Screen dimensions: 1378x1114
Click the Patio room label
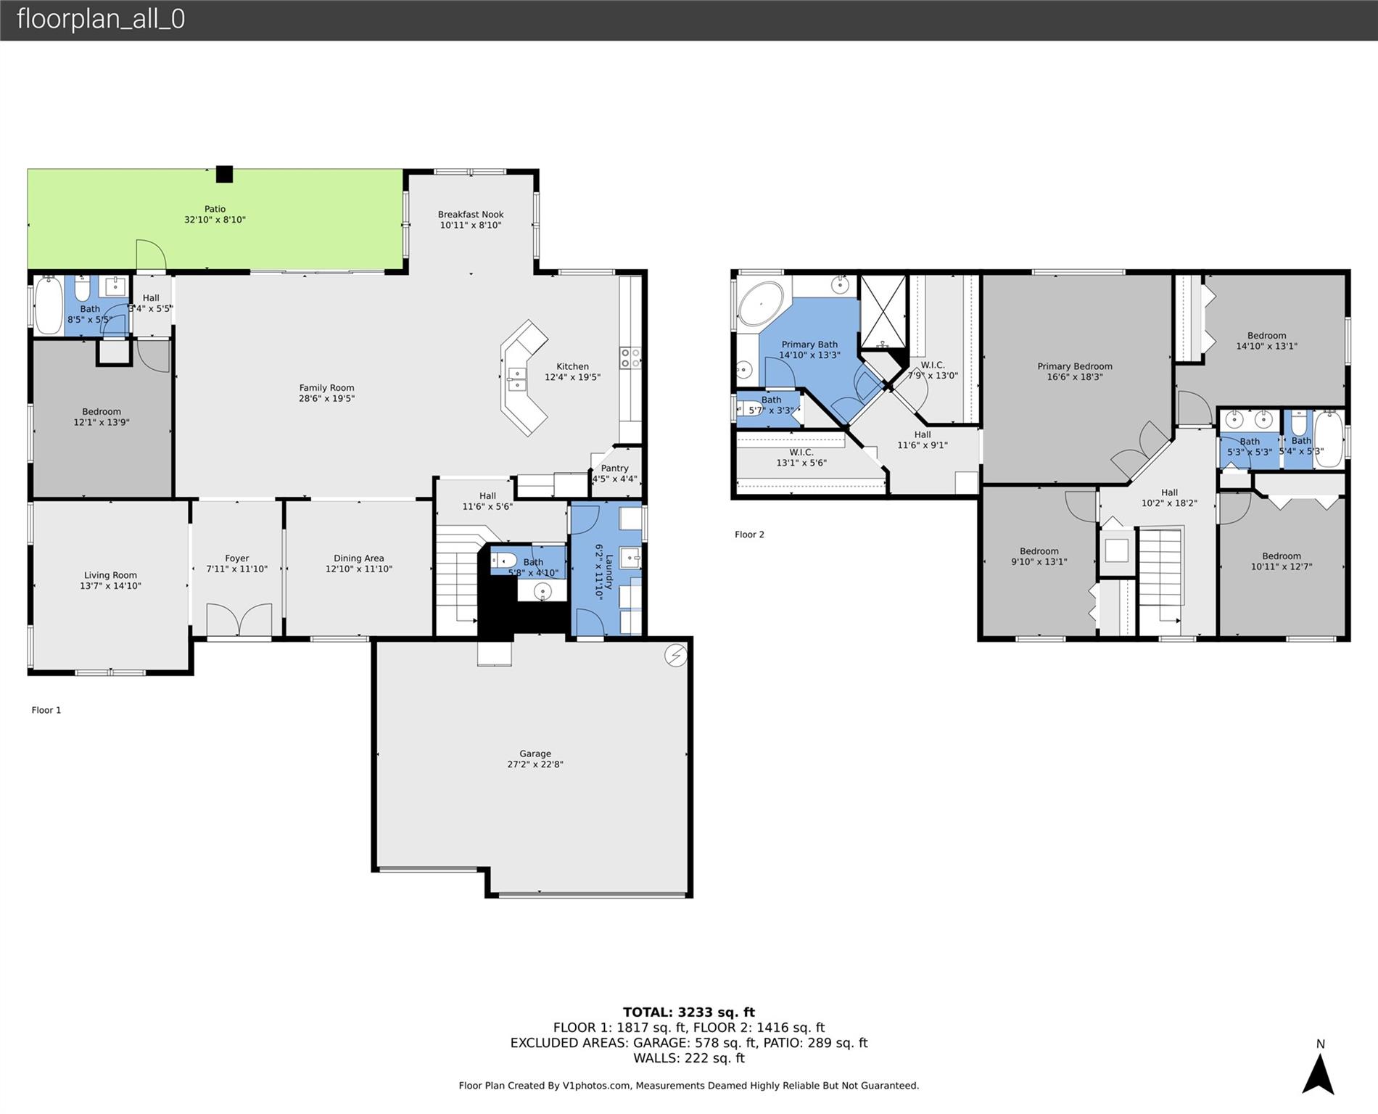(x=215, y=209)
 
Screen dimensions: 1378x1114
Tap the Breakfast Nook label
(x=471, y=215)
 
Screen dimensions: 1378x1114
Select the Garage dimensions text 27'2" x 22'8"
(x=535, y=764)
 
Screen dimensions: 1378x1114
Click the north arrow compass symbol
(x=1318, y=1074)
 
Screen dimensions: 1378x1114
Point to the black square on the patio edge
(x=225, y=174)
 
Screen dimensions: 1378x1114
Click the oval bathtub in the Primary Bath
(x=761, y=302)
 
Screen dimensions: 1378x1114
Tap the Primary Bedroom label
(x=1075, y=366)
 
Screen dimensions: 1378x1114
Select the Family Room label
(x=326, y=388)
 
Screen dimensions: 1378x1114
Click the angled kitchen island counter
(x=524, y=378)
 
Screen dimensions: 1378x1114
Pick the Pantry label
(x=614, y=469)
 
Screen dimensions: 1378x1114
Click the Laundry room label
(x=609, y=566)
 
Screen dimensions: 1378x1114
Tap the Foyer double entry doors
(x=239, y=620)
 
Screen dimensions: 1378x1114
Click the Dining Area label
(x=359, y=558)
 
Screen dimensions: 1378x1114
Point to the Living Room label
(x=110, y=575)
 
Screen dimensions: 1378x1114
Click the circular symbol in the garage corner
(x=676, y=656)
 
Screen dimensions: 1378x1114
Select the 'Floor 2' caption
(x=749, y=535)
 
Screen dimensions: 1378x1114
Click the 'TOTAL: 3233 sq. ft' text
(x=689, y=1012)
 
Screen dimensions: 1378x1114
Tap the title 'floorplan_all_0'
(x=101, y=19)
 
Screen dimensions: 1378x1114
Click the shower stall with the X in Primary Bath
(x=883, y=312)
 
